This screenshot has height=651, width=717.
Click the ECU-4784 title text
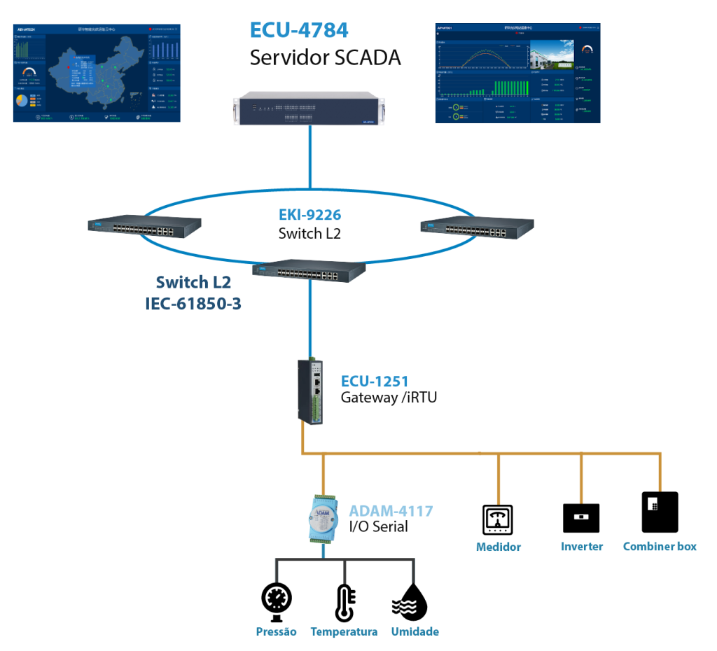[x=299, y=31]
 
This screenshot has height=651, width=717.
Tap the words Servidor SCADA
[x=326, y=57]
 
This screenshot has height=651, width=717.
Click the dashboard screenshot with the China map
[x=97, y=73]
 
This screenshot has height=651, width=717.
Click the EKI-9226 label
[x=309, y=216]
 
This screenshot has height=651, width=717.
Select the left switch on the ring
[x=144, y=225]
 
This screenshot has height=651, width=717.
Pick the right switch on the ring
[x=478, y=225]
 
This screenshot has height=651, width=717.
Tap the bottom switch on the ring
[x=309, y=269]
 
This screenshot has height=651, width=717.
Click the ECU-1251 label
[x=375, y=381]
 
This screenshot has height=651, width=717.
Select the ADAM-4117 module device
[x=322, y=519]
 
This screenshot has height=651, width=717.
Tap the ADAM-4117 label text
[x=391, y=512]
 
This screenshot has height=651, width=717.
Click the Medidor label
[x=498, y=547]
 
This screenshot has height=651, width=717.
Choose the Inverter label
[x=581, y=547]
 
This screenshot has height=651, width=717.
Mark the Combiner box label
[x=660, y=547]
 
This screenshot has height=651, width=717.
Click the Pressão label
[x=276, y=632]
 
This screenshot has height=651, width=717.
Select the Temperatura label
[x=344, y=632]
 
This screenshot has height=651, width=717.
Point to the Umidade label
[x=415, y=632]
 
